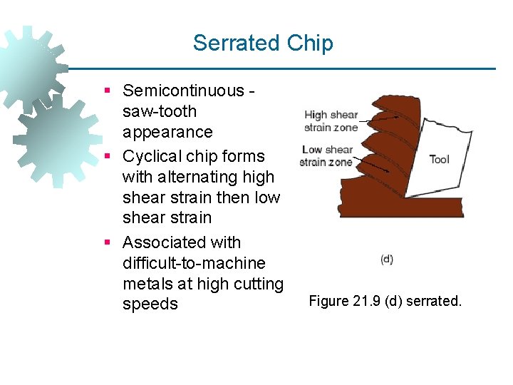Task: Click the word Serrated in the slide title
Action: [237, 43]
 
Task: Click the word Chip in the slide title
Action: [310, 43]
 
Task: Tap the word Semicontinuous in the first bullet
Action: [183, 91]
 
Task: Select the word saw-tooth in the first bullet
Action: [160, 111]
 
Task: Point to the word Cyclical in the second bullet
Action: [153, 156]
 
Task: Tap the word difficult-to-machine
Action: [194, 263]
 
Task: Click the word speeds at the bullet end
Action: [150, 304]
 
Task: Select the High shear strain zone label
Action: [331, 121]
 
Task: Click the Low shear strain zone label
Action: [327, 155]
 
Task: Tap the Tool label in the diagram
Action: [440, 159]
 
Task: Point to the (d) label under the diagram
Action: [387, 260]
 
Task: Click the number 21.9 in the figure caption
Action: [367, 301]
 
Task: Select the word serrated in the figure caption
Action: [434, 301]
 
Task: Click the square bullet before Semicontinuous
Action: [107, 91]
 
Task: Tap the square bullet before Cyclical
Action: [107, 157]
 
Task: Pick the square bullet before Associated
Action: [107, 243]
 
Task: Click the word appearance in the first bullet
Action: [167, 132]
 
